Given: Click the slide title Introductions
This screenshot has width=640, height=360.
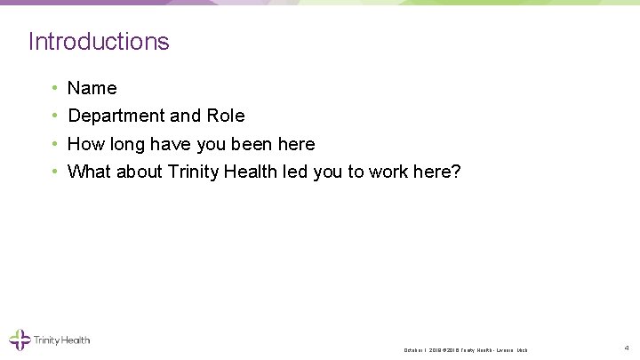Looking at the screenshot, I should tap(99, 41).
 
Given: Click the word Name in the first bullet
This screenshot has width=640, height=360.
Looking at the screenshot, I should tap(92, 88).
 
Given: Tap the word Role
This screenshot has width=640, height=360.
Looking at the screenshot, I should tap(226, 116).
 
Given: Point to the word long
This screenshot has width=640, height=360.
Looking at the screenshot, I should tap(128, 144).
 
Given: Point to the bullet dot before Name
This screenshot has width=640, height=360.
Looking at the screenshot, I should tap(55, 88).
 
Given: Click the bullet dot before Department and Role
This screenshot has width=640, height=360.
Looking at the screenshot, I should tap(55, 116).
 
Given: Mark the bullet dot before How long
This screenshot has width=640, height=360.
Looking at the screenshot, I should tap(55, 144).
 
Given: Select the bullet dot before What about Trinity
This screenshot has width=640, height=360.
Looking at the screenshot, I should tap(55, 172).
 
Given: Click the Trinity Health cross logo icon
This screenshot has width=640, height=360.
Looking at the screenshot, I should tap(20, 340).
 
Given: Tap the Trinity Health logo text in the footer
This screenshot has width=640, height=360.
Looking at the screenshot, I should tap(61, 340).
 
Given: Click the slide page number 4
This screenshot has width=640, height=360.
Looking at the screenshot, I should tap(627, 348).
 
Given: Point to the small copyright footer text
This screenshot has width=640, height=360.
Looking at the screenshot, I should tap(466, 350).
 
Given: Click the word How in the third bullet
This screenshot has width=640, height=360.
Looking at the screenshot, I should tap(85, 144).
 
